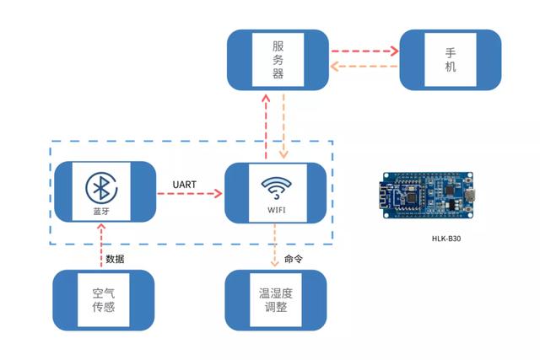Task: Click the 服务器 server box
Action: pyautogui.click(x=277, y=59)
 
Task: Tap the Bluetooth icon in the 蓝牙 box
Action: pyautogui.click(x=103, y=185)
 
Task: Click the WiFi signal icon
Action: pyautogui.click(x=276, y=186)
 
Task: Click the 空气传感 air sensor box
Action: pyautogui.click(x=103, y=299)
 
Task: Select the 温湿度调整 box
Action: pyautogui.click(x=276, y=299)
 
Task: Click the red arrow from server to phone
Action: pyautogui.click(x=364, y=51)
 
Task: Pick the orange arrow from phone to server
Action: pyautogui.click(x=364, y=67)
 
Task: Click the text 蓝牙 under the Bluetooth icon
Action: pyautogui.click(x=103, y=209)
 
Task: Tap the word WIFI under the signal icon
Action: pyautogui.click(x=276, y=209)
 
